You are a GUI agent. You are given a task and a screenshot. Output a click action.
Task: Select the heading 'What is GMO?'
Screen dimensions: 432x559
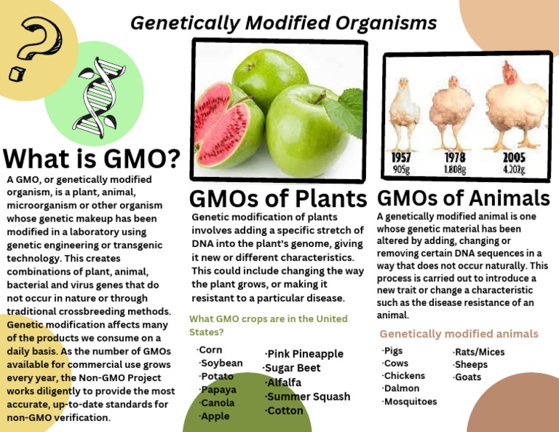[92, 159]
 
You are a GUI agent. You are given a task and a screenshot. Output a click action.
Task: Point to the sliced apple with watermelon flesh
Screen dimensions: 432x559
[219, 127]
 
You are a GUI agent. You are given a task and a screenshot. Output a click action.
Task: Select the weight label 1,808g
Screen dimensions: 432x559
[455, 169]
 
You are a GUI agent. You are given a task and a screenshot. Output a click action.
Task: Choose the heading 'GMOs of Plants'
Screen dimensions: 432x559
[278, 198]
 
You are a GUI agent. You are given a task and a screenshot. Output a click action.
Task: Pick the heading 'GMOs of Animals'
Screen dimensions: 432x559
[464, 197]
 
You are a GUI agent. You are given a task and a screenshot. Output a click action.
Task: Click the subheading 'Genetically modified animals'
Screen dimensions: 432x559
[459, 334]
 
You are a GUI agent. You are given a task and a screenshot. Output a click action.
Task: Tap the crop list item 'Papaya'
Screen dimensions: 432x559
[218, 390]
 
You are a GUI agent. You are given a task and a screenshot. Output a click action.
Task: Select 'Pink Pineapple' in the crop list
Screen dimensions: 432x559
[304, 354]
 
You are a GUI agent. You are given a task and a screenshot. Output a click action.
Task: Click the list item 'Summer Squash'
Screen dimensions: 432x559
[308, 397]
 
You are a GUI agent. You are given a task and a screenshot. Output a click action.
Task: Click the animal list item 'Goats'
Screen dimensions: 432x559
[467, 377]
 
